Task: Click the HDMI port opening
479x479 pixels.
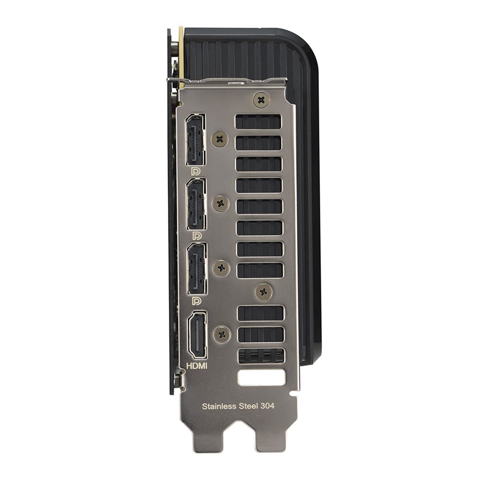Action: pos(197,335)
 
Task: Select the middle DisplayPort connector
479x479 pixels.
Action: pos(196,204)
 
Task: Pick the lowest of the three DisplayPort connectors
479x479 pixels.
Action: pos(197,269)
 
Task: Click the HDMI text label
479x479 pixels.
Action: pos(197,365)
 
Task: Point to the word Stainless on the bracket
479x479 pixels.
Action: pos(219,406)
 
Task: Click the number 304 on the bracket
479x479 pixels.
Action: pos(268,406)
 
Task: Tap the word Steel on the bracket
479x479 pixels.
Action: pos(249,406)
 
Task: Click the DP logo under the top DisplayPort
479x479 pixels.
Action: pos(195,171)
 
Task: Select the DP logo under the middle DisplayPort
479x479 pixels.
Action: pos(197,236)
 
